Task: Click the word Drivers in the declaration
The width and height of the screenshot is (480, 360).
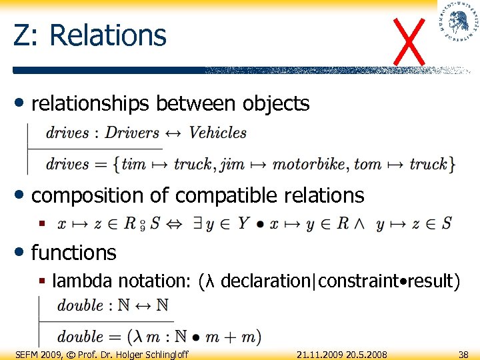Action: pos(132,133)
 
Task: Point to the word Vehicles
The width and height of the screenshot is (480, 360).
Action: pos(217,133)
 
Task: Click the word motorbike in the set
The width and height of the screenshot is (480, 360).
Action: pos(309,164)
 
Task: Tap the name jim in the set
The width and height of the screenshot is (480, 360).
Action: pos(232,164)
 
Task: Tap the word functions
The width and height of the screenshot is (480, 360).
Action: pos(73,253)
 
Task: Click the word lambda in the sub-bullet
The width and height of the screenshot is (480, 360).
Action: pos(84,281)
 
